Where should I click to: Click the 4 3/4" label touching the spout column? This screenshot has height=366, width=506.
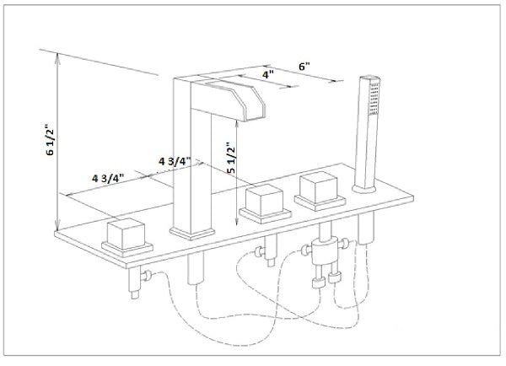tap(174, 160)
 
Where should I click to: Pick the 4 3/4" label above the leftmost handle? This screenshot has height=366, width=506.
tap(108, 177)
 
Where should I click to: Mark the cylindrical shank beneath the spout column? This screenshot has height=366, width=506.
tap(191, 272)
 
